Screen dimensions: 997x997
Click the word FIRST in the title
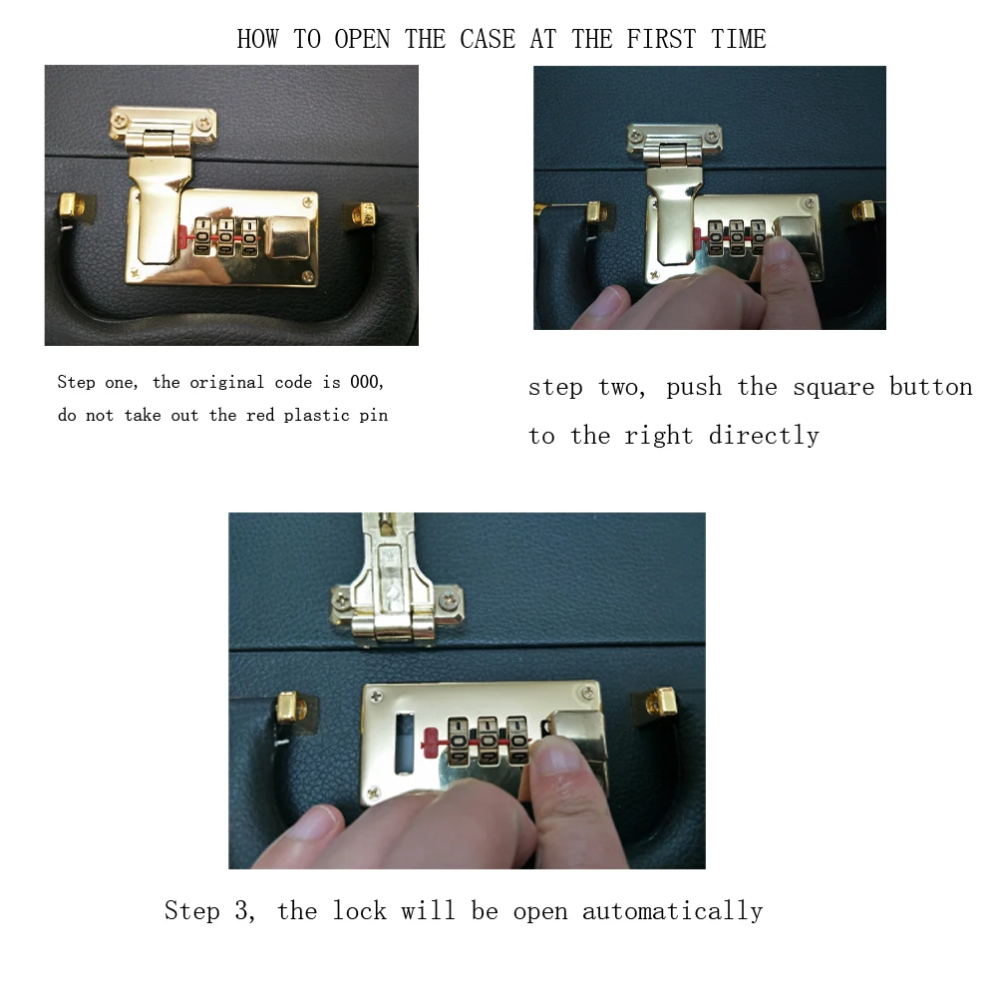click(661, 40)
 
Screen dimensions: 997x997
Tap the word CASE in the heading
click(488, 40)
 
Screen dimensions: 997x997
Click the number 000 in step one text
click(366, 382)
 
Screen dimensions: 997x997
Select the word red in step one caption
click(260, 415)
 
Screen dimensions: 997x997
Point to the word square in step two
click(833, 388)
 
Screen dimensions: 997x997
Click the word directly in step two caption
click(764, 436)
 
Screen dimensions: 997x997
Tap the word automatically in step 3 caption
click(673, 911)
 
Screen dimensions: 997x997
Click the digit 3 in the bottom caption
click(241, 910)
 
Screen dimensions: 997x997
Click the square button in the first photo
click(287, 237)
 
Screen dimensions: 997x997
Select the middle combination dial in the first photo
click(225, 237)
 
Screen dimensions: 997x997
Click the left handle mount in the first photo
click(72, 205)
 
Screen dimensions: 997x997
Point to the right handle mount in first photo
click(364, 213)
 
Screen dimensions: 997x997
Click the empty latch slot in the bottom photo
click(404, 744)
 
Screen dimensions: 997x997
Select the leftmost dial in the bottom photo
click(458, 741)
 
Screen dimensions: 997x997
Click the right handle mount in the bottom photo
click(661, 701)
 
